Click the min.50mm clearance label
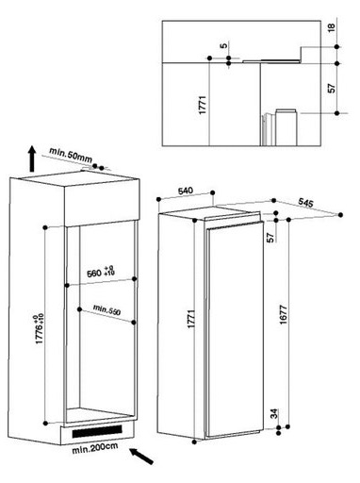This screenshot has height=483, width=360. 71,155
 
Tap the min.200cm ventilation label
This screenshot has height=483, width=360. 95,447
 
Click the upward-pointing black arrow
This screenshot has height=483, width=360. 32,158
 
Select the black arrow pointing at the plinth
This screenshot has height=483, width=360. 141,457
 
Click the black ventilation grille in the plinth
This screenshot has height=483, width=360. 97,430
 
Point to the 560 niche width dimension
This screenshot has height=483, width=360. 101,273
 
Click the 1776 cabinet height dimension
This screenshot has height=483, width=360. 40,328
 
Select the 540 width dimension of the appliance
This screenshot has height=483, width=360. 186,191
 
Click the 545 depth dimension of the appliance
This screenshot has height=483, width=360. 305,203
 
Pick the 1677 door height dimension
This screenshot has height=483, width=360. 283,314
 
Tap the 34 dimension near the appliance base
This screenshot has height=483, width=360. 274,413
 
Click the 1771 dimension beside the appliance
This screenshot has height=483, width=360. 191,319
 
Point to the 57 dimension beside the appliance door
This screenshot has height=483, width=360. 270,238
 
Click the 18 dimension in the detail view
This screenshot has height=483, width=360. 332,27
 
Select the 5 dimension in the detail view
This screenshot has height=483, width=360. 223,45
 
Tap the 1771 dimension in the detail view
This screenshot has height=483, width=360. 203,105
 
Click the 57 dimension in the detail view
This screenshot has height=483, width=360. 332,88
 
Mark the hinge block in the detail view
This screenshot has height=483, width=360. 286,127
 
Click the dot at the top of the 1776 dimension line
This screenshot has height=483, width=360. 45,227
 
